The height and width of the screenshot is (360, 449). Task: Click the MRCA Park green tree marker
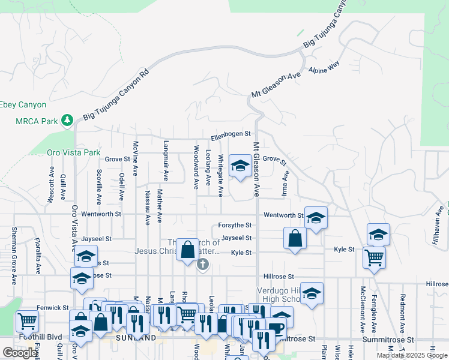pos(68,120)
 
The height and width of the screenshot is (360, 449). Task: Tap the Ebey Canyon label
pos(23,104)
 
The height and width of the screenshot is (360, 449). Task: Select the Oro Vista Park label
pos(74,152)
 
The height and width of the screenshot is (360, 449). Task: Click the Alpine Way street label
pos(324,67)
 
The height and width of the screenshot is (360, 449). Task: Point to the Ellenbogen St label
pos(230,136)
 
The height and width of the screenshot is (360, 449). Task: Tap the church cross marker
pos(203,264)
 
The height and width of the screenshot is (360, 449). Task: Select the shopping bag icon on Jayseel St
pos(295,237)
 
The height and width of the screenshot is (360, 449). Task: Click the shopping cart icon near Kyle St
pos(374,257)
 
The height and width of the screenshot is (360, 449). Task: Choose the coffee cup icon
pos(276,328)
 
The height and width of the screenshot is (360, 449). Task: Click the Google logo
pos(20,353)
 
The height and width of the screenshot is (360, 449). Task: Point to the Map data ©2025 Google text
pos(412,355)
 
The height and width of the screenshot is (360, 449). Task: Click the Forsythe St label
pos(235,225)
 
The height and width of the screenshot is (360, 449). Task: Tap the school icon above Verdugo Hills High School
pos(312,293)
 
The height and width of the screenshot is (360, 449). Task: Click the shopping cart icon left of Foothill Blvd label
pos(28,322)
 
